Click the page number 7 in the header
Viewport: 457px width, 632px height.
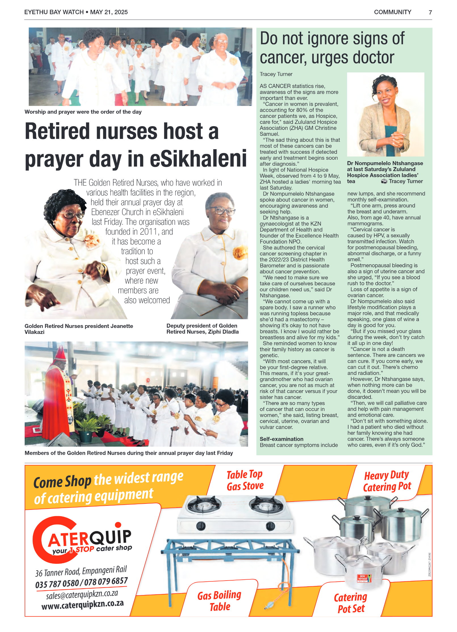pos(430,13)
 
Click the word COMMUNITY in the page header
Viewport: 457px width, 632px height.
pos(392,12)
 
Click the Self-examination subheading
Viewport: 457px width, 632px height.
pos(281,439)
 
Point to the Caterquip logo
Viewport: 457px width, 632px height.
pos(82,540)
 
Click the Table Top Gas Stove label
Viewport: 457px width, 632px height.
pos(245,481)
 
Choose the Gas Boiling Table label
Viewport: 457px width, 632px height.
pos(219,601)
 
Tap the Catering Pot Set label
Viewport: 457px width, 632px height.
pos(351,603)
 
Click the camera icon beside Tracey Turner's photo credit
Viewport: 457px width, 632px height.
pos(384,181)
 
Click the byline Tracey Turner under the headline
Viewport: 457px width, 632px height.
pos(276,74)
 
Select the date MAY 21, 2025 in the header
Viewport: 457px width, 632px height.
pos(109,12)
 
